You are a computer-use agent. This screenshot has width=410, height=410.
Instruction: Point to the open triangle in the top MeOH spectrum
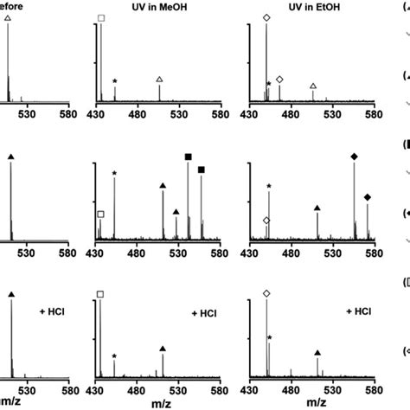tap(159, 80)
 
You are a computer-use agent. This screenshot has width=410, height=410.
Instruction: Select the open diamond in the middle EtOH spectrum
tap(266, 221)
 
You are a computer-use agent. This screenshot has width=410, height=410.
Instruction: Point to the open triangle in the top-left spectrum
tap(8, 17)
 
